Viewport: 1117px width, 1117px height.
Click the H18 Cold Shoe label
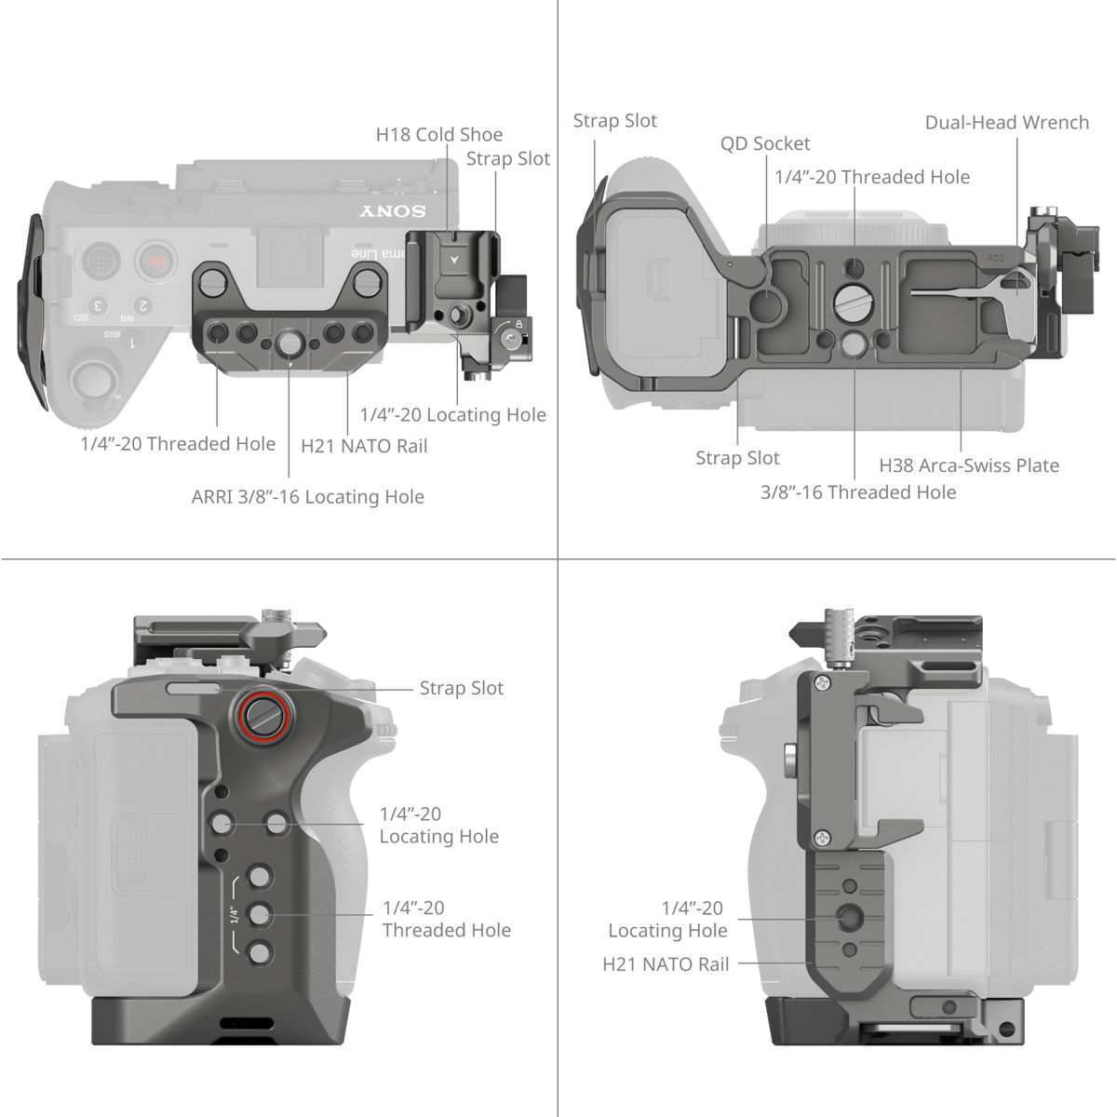(x=438, y=135)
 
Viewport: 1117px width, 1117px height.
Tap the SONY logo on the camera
(x=393, y=212)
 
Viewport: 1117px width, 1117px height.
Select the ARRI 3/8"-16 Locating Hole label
(x=307, y=497)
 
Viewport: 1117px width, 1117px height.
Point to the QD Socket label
(x=765, y=144)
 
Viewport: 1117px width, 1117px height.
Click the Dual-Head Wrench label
(x=1006, y=123)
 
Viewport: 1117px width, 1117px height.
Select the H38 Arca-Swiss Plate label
(x=969, y=465)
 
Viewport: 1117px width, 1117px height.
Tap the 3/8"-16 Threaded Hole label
(x=857, y=492)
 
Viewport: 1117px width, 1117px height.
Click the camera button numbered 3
(x=97, y=305)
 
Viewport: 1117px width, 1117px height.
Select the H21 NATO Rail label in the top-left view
(x=364, y=446)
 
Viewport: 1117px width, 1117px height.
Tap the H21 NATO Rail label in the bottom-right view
(x=666, y=965)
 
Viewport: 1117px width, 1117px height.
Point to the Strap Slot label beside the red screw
(x=461, y=689)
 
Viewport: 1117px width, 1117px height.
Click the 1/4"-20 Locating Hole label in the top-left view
(x=452, y=415)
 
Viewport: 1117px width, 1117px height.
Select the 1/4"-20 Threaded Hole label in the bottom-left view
(x=446, y=919)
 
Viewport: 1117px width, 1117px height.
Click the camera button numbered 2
(x=142, y=305)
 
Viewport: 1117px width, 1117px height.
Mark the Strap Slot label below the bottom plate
(x=737, y=458)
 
